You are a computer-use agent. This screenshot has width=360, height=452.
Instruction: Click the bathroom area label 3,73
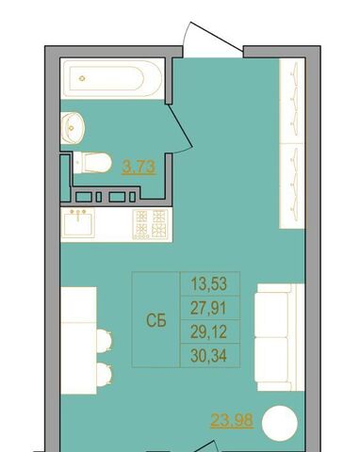(x=139, y=167)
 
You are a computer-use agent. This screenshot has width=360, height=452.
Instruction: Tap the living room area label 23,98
(x=232, y=420)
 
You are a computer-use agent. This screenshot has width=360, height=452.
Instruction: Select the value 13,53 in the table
(x=209, y=284)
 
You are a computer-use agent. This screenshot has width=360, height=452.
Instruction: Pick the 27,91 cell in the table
(x=208, y=308)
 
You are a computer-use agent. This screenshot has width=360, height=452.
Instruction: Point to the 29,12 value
(x=208, y=332)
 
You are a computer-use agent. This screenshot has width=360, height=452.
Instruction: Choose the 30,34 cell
(x=208, y=356)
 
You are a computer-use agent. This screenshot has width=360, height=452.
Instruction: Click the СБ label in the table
(x=156, y=320)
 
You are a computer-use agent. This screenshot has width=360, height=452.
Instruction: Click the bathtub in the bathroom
(x=112, y=78)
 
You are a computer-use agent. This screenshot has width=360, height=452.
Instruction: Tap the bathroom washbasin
(x=73, y=128)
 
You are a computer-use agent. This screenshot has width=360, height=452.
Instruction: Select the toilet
(x=92, y=163)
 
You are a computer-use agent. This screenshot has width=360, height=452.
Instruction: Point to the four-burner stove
(x=150, y=224)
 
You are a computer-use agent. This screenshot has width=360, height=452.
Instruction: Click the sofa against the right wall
(x=279, y=337)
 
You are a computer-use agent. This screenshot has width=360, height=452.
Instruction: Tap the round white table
(x=280, y=423)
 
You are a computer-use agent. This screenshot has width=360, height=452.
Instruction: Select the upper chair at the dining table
(x=105, y=341)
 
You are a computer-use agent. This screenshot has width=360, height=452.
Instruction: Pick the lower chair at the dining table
(x=105, y=374)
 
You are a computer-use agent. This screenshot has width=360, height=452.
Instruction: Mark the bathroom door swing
(x=180, y=127)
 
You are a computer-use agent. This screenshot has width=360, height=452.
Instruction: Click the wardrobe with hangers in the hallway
(x=292, y=143)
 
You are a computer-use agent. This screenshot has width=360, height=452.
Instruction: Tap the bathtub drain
(x=82, y=78)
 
